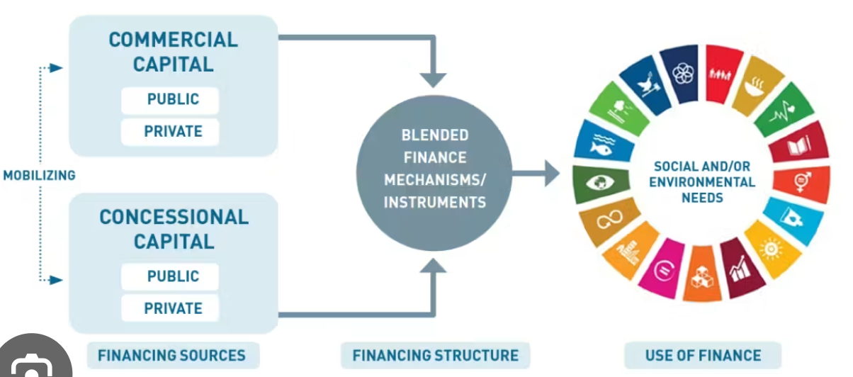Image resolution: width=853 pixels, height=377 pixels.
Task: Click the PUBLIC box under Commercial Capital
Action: coord(170,100)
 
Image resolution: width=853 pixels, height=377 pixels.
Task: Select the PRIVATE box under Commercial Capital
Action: coord(170,132)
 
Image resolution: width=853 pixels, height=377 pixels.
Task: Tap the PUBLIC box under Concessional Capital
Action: coord(170,276)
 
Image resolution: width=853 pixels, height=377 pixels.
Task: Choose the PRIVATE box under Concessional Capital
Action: coord(170,308)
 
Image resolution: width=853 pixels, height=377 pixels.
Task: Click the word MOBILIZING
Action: coord(39,176)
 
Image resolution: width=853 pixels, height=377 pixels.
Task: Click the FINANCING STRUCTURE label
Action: coord(435,355)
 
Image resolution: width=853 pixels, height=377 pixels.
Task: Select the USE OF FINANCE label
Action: coord(703,355)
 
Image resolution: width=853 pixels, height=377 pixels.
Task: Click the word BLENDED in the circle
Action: coord(435,135)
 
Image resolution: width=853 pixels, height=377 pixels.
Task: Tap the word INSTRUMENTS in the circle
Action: coord(435,203)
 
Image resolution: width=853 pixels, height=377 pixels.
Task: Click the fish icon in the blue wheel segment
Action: coord(601,145)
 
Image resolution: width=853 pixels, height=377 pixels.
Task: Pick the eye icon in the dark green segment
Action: coord(600,182)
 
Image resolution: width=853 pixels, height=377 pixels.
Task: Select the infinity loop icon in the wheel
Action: coord(609,219)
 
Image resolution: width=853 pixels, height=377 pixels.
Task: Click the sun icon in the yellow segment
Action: coord(771,250)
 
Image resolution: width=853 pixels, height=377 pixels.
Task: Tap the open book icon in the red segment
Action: coord(799,145)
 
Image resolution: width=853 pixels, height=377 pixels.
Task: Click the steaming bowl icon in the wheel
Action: coord(755,88)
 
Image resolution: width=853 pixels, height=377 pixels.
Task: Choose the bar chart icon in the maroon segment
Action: coord(739,269)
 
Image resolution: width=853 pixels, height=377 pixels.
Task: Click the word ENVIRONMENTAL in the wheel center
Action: coord(702,182)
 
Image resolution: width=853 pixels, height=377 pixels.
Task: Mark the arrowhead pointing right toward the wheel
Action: coord(552,174)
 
